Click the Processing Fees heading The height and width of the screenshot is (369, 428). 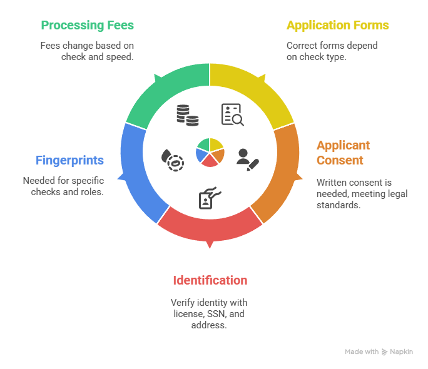[x=87, y=26]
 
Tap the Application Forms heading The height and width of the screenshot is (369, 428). [x=337, y=26]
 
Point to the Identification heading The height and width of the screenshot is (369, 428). [x=210, y=280]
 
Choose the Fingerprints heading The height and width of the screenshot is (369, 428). [x=69, y=160]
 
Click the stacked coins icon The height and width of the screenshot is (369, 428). [x=187, y=115]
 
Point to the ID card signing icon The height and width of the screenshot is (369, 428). [x=208, y=196]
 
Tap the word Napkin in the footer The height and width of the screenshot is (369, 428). [x=402, y=352]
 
